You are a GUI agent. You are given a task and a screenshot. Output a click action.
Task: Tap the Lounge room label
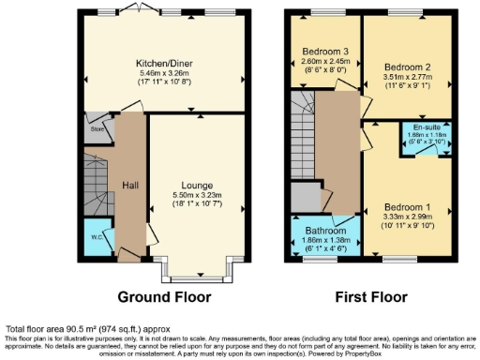coord(199,184)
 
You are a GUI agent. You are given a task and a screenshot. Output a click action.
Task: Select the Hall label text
coord(129,184)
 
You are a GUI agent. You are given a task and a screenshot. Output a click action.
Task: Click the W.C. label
coord(95,236)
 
